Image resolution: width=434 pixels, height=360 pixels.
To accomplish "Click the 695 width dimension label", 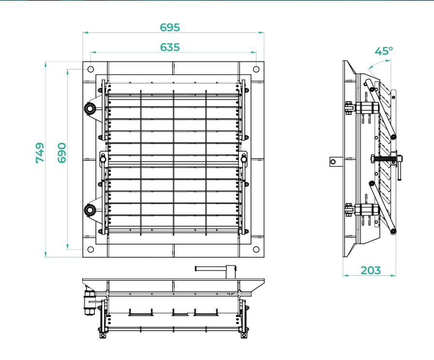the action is pyautogui.click(x=170, y=28).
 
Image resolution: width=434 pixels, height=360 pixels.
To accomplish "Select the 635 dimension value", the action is pyautogui.click(x=170, y=47).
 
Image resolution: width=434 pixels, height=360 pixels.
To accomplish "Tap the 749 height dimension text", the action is pyautogui.click(x=40, y=153).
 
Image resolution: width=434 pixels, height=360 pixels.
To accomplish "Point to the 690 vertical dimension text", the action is pyautogui.click(x=62, y=153).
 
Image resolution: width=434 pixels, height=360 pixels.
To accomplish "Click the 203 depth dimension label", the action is pyautogui.click(x=371, y=270).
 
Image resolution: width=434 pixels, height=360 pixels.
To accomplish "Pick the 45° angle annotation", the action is pyautogui.click(x=384, y=51).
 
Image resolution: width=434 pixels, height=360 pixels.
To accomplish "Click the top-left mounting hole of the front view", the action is pyautogui.click(x=91, y=69).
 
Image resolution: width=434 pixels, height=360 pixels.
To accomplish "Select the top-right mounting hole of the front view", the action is pyautogui.click(x=256, y=69).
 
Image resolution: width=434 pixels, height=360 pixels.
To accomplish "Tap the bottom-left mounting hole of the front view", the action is pyautogui.click(x=91, y=249).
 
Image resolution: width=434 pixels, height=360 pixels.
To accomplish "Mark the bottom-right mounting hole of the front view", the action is pyautogui.click(x=256, y=249).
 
